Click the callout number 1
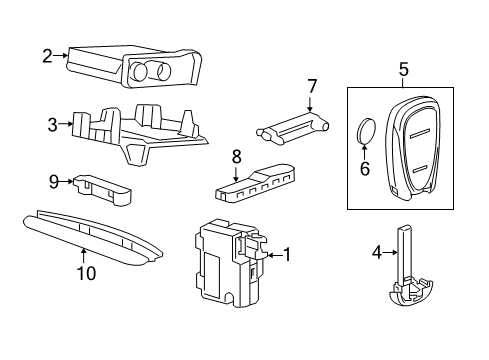(x=286, y=255)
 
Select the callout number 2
(x=47, y=56)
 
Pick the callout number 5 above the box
(x=403, y=69)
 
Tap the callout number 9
(x=54, y=181)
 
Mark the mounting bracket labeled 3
(x=140, y=129)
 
